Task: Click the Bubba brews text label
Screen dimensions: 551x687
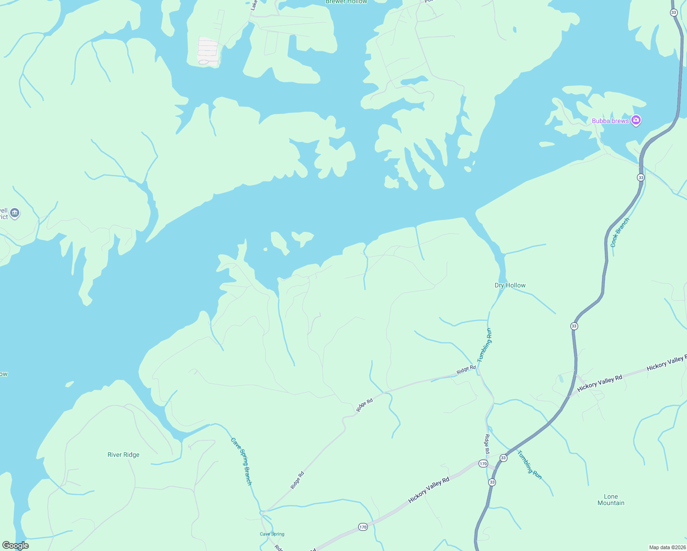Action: tap(610, 121)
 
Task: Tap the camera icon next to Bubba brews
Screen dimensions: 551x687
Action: tap(636, 120)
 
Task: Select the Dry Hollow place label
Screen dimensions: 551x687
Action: tap(510, 285)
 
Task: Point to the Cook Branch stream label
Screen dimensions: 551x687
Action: tap(620, 232)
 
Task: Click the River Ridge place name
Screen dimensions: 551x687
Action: tap(123, 455)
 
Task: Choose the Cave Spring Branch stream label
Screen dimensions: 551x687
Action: tap(242, 461)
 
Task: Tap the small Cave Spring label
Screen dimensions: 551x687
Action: tap(272, 534)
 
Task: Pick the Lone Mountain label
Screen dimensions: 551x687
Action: tap(611, 500)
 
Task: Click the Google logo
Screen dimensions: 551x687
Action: tap(16, 545)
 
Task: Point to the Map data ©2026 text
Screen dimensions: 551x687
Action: tap(667, 547)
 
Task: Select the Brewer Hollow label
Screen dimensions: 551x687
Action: tap(346, 2)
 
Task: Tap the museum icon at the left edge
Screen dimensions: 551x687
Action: tap(15, 213)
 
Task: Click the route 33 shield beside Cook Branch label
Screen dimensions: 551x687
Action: tap(641, 177)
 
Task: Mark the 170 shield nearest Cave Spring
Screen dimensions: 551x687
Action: tap(363, 527)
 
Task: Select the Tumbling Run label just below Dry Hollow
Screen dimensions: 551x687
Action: tap(484, 345)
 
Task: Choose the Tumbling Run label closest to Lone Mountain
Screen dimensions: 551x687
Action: tap(529, 465)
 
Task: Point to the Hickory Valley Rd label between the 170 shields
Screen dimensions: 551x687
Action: tap(428, 489)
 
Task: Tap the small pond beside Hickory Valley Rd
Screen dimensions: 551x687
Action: tap(561, 379)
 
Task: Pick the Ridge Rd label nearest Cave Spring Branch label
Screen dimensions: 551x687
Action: tap(297, 480)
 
